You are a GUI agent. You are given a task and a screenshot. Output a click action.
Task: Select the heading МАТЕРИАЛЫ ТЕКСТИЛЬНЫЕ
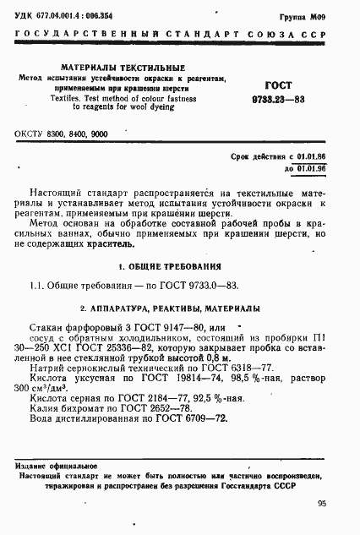coord(113,67)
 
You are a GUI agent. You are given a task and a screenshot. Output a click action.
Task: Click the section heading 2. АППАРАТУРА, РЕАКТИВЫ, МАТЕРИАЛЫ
coord(179,308)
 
